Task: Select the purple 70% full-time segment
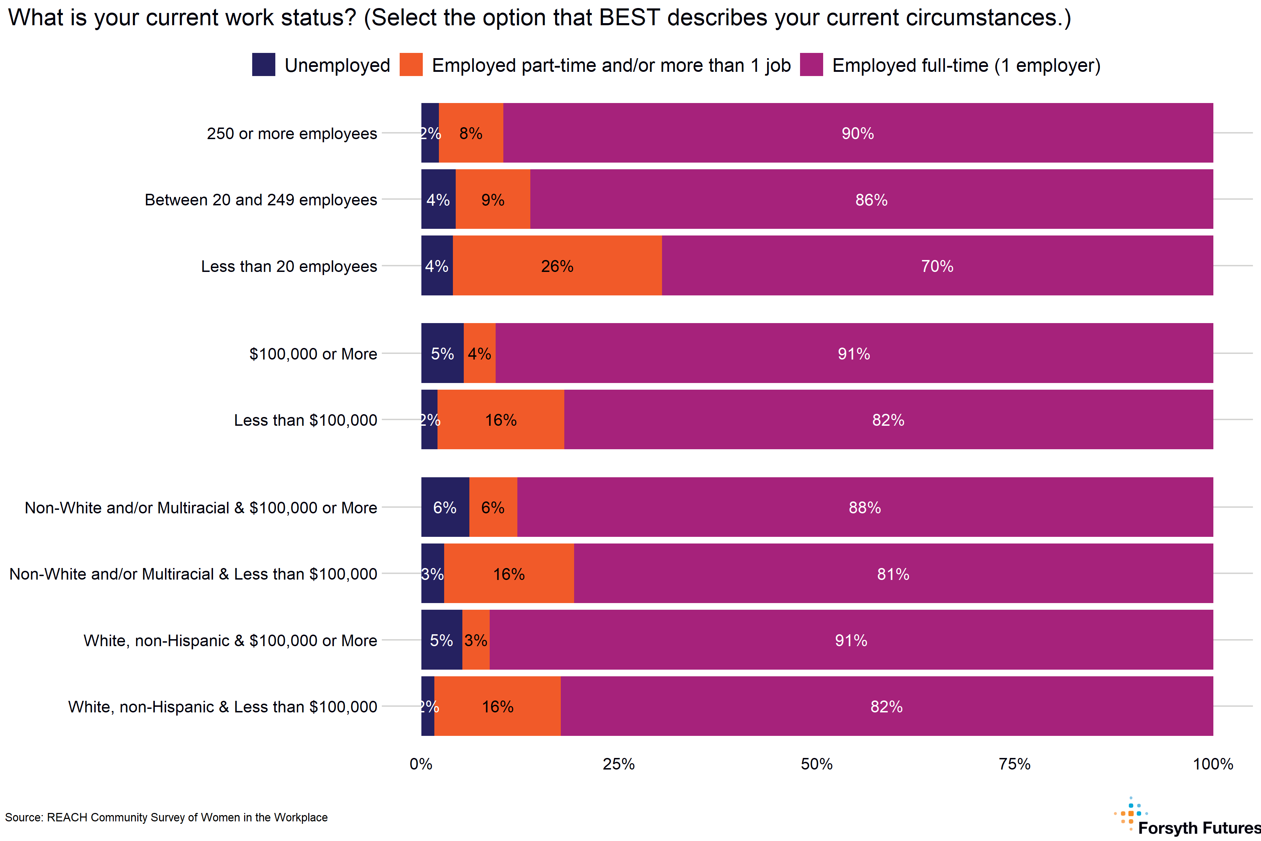coord(937,266)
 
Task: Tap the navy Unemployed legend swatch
coord(263,64)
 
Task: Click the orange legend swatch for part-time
coord(411,64)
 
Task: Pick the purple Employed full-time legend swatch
coord(811,64)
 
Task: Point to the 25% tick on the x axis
coord(619,764)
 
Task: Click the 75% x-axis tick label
coord(1014,764)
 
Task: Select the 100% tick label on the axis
coord(1213,764)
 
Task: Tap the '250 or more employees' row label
coord(292,133)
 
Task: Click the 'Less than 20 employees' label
coord(289,266)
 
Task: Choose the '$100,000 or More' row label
coord(313,354)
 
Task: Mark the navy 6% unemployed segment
coord(445,507)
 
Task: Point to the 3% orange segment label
coord(476,640)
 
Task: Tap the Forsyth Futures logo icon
coord(1131,814)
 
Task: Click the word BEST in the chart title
coord(629,18)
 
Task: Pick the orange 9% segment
coord(493,199)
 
